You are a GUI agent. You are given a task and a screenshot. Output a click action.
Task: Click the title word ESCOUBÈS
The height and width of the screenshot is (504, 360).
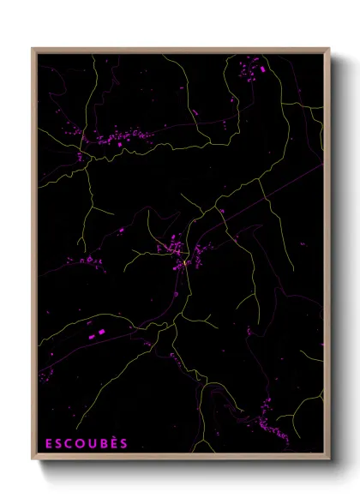point(86,443)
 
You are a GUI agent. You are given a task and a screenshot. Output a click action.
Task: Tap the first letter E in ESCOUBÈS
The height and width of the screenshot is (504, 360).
point(49,443)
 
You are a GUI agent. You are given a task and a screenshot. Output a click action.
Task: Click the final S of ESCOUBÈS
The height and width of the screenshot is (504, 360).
point(123,443)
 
